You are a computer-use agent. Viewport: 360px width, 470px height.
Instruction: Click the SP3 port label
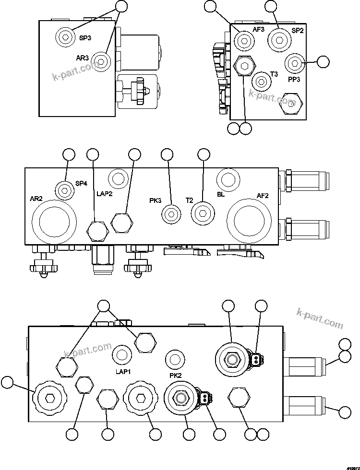(x=85, y=38)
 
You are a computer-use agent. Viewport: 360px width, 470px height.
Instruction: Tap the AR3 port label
(x=83, y=58)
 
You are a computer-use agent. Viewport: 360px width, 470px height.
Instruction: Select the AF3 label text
(x=259, y=29)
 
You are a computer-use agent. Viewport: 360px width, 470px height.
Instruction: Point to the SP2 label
(x=298, y=31)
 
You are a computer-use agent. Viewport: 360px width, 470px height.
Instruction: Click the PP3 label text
(x=294, y=80)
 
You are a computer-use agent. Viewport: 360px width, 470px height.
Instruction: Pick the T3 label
(x=274, y=74)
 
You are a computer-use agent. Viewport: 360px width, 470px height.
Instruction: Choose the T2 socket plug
(x=202, y=213)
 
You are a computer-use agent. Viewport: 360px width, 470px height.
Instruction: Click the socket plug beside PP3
(x=293, y=63)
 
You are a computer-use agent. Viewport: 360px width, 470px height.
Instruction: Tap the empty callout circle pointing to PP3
(x=323, y=61)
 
